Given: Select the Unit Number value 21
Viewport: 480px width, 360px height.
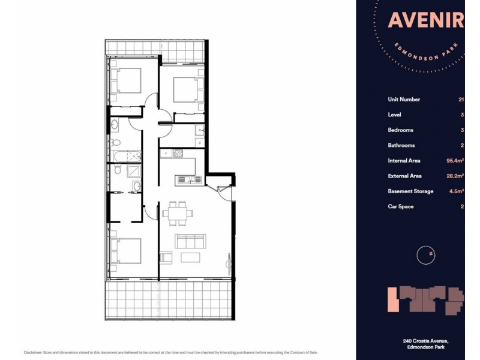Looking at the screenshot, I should point(461,100).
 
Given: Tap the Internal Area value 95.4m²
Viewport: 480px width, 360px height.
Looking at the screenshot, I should point(455,161).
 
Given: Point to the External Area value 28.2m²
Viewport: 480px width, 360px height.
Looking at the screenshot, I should point(455,176).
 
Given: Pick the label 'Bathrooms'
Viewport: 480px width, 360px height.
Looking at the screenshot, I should point(401,145).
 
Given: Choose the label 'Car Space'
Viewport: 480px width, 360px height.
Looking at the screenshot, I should point(401,206).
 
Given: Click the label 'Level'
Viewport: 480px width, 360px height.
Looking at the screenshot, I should point(394,115).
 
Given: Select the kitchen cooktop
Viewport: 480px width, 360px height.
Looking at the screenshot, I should point(178,154).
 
